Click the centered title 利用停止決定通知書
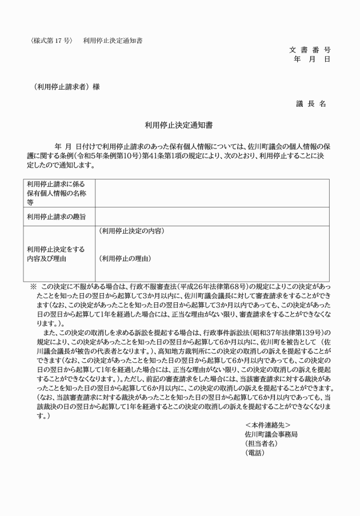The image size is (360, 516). [179, 123]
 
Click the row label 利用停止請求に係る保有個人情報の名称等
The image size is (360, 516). [55, 193]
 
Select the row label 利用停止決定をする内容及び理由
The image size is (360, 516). [51, 254]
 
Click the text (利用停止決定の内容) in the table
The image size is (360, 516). [131, 231]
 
